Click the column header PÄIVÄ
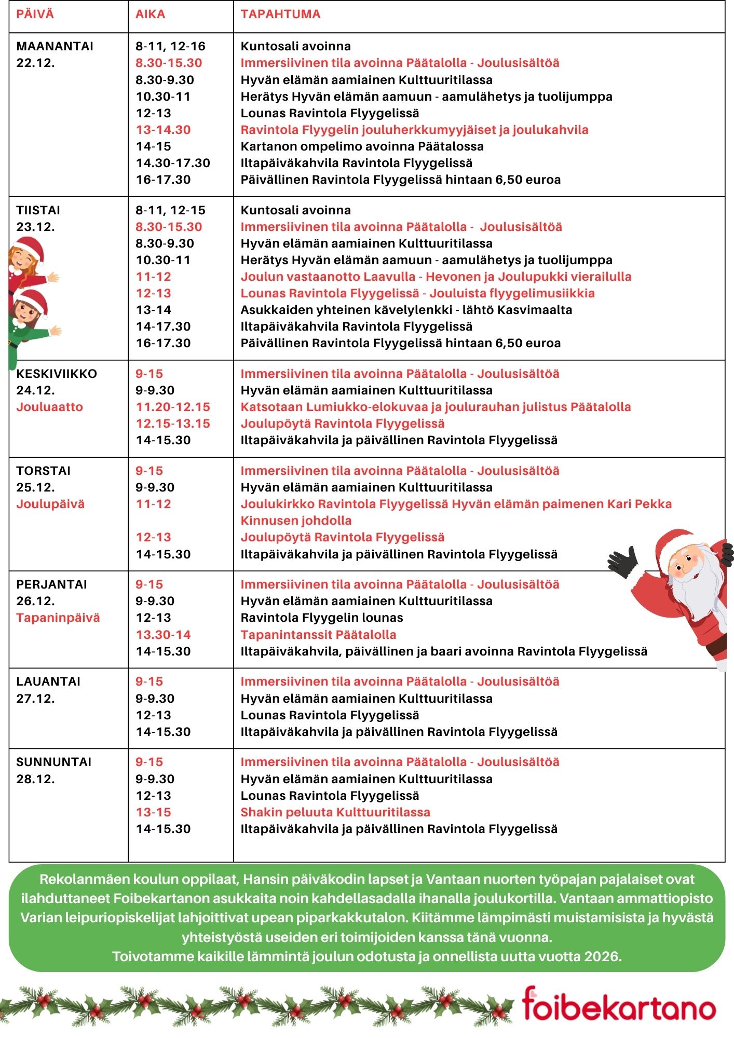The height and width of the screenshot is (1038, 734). pos(35,14)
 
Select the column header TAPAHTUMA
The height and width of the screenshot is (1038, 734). pos(280,14)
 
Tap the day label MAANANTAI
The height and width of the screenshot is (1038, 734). pos(55,46)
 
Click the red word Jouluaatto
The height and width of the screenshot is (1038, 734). pos(49,407)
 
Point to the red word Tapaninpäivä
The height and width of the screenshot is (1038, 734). pos(58,618)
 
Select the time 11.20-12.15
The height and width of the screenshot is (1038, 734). pos(173,407)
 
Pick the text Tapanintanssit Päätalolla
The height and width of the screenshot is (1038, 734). pos(318,635)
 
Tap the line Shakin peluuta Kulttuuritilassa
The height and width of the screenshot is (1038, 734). pos(335,812)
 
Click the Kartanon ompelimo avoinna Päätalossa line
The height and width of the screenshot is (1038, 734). pos(362,146)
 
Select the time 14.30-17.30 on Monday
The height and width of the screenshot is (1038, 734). pos(173,163)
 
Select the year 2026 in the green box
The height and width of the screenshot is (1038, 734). pos(602,957)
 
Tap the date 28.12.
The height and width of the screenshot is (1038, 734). pos(35,779)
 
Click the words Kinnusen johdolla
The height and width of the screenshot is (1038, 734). pos(296,521)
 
